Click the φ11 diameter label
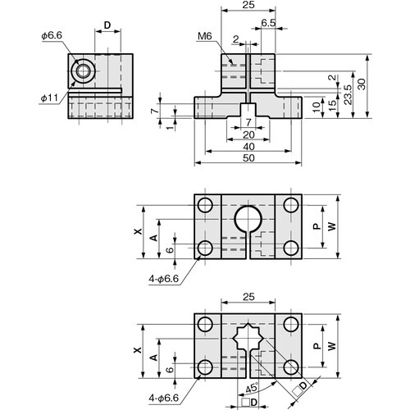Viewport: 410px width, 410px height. point(49,98)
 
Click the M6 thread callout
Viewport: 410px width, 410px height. point(205,36)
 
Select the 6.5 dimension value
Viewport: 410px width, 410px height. point(268,23)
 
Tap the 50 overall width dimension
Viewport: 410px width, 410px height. point(248,157)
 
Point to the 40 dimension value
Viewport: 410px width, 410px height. point(248,147)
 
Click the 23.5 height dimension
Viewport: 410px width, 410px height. point(348,94)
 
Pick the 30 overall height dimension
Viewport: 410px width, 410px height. point(361,84)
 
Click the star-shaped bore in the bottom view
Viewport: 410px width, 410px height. point(248,339)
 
